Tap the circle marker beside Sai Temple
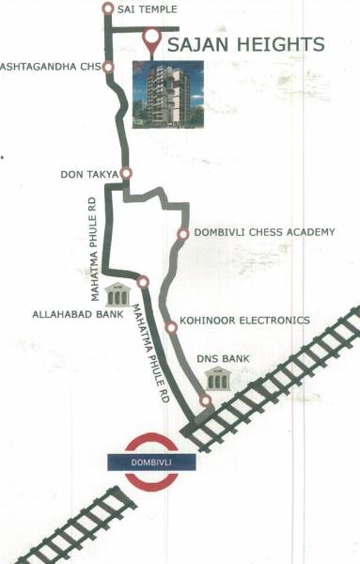107,8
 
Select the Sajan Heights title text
246,44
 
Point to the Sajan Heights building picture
167,95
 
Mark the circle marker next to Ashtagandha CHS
109,68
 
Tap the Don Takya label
88,174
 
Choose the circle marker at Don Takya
126,173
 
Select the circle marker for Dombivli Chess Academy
183,233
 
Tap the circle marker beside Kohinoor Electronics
171,327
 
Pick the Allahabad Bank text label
77,314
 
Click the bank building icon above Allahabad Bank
117,292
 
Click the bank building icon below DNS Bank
219,379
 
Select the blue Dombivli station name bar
152,461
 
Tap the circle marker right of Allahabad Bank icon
143,281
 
